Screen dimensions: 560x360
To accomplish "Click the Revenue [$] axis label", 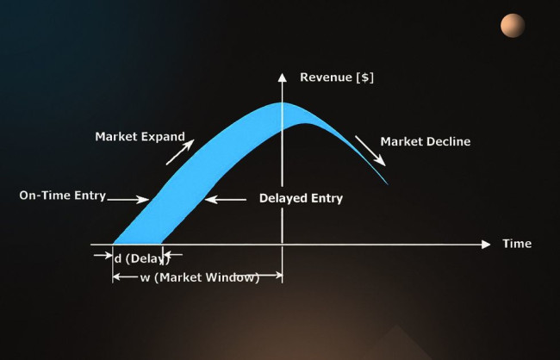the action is point(337,78).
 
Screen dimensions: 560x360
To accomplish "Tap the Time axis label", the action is point(517,244).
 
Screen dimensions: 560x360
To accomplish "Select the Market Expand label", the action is point(140,136).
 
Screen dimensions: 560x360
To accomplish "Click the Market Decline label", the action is point(426,141).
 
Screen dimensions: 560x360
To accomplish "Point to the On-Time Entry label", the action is point(63,196).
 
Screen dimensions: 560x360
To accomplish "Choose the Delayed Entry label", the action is point(301,198).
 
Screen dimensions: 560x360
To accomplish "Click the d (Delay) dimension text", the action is point(142,258).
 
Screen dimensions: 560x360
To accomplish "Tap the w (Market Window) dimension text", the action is point(200,277).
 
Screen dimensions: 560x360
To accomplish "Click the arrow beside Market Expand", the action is point(180,152).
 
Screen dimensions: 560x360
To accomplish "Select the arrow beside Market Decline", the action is point(370,151).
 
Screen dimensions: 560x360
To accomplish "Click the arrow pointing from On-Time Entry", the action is point(128,200).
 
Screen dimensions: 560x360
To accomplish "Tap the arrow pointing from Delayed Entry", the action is point(226,200).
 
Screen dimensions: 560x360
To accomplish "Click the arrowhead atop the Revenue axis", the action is point(282,78).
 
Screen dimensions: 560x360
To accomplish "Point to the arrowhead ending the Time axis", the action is point(486,245).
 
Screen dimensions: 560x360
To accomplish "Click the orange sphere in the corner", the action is point(513,25).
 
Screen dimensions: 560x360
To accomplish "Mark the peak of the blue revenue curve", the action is point(283,102).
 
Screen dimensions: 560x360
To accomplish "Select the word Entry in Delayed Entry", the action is point(327,199).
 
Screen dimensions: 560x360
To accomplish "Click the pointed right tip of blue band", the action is point(388,184).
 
